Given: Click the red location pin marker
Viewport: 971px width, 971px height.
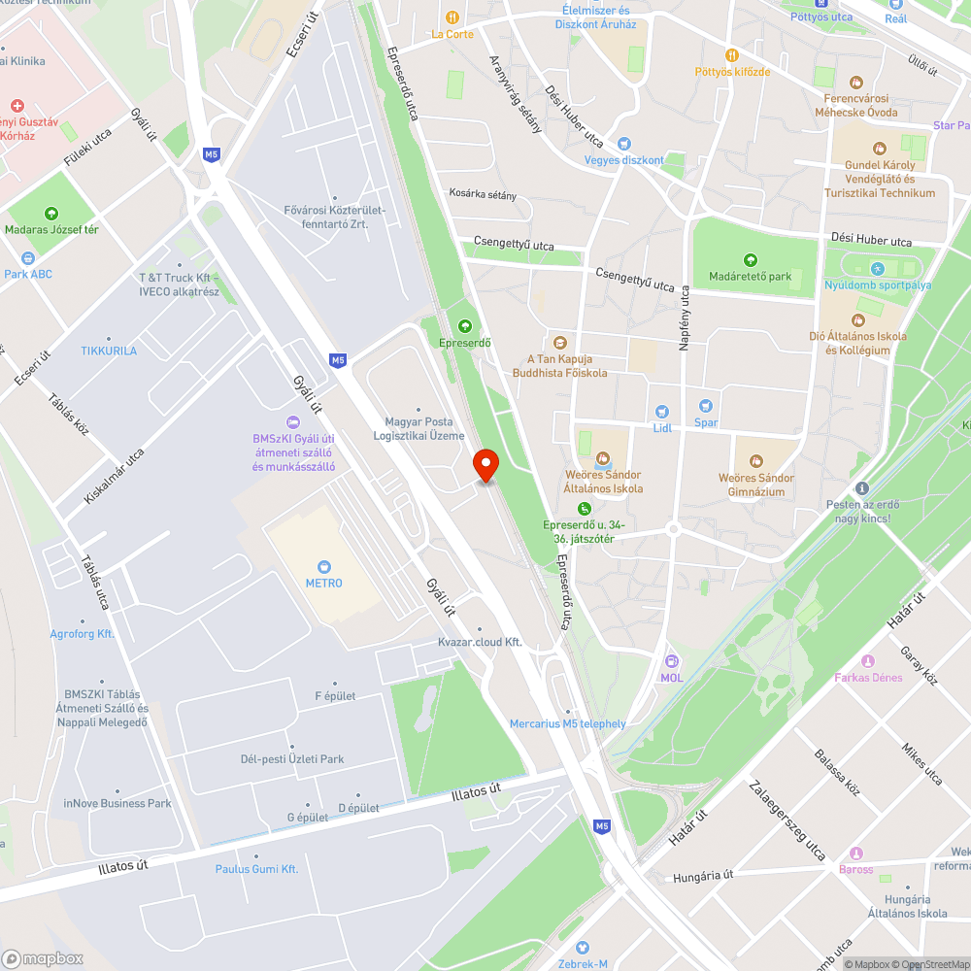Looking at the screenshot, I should point(485,465).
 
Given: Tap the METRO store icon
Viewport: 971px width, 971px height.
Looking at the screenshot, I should point(323,566).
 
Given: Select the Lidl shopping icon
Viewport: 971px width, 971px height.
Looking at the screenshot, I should point(662,412).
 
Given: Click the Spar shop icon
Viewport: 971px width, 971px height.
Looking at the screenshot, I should point(706,406).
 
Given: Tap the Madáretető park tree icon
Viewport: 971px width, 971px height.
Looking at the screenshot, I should point(750,260).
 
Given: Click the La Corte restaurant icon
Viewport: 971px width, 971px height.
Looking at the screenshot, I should point(452,17).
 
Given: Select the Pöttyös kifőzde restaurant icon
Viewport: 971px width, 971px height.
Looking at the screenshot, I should point(732,55).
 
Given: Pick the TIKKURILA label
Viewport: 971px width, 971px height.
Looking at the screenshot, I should point(109,351).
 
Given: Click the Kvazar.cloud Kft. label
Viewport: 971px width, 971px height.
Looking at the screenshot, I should point(480,642).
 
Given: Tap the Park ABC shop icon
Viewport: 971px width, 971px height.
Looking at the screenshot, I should point(27,258).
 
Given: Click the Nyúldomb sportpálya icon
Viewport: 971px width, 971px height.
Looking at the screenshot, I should point(878,268).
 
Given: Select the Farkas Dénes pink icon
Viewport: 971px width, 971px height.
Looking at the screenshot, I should point(868,661).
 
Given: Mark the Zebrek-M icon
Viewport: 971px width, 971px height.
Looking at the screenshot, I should point(583,947).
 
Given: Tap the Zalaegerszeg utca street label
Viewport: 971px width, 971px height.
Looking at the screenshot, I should point(787,820).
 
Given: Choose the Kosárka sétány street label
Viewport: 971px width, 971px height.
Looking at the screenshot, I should point(483,195).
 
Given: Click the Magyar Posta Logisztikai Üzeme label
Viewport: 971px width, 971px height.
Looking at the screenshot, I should point(419,428).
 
